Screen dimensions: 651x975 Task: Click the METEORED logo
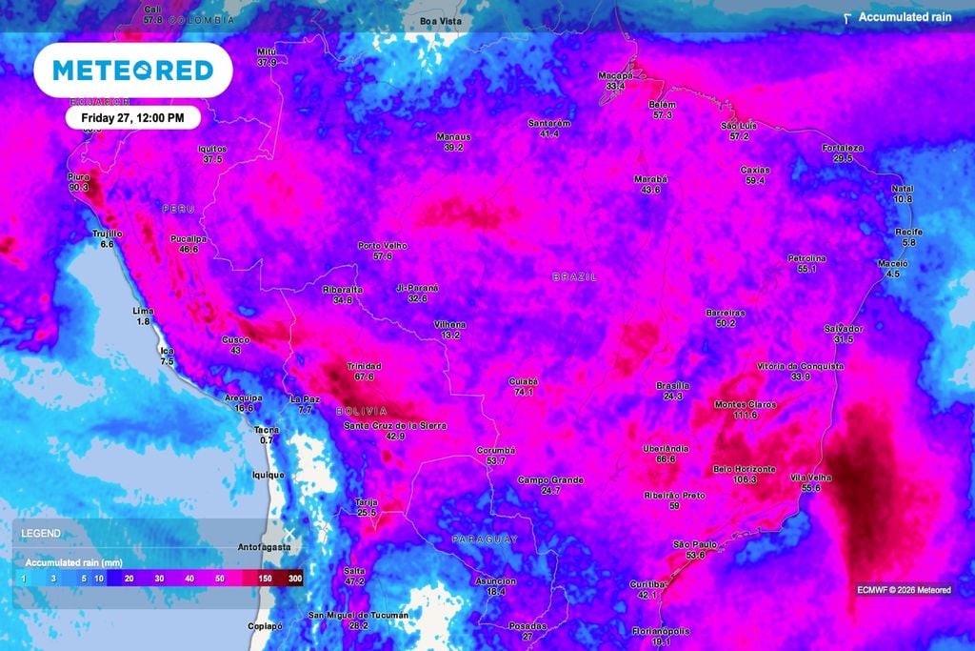(133, 70)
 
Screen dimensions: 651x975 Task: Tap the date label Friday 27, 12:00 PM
(140, 117)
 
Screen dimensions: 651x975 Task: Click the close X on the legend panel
(289, 532)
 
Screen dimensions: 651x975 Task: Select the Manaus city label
(453, 136)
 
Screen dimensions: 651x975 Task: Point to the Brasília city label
(673, 385)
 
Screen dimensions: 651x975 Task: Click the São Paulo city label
(688, 543)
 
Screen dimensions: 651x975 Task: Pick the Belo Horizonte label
(745, 469)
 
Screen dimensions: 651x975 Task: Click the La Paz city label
(306, 398)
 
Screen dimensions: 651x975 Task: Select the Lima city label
(143, 312)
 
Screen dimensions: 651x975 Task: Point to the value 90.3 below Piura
(78, 188)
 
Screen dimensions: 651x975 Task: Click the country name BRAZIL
(575, 276)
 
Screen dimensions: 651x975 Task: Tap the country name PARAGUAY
(485, 539)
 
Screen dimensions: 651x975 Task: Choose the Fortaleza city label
(843, 148)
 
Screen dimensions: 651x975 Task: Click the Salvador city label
(843, 328)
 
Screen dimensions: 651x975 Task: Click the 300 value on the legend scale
(295, 579)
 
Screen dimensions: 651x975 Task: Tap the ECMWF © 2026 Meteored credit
(903, 590)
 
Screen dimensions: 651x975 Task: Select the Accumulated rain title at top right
(905, 17)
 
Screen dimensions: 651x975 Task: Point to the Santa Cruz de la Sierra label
(394, 425)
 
